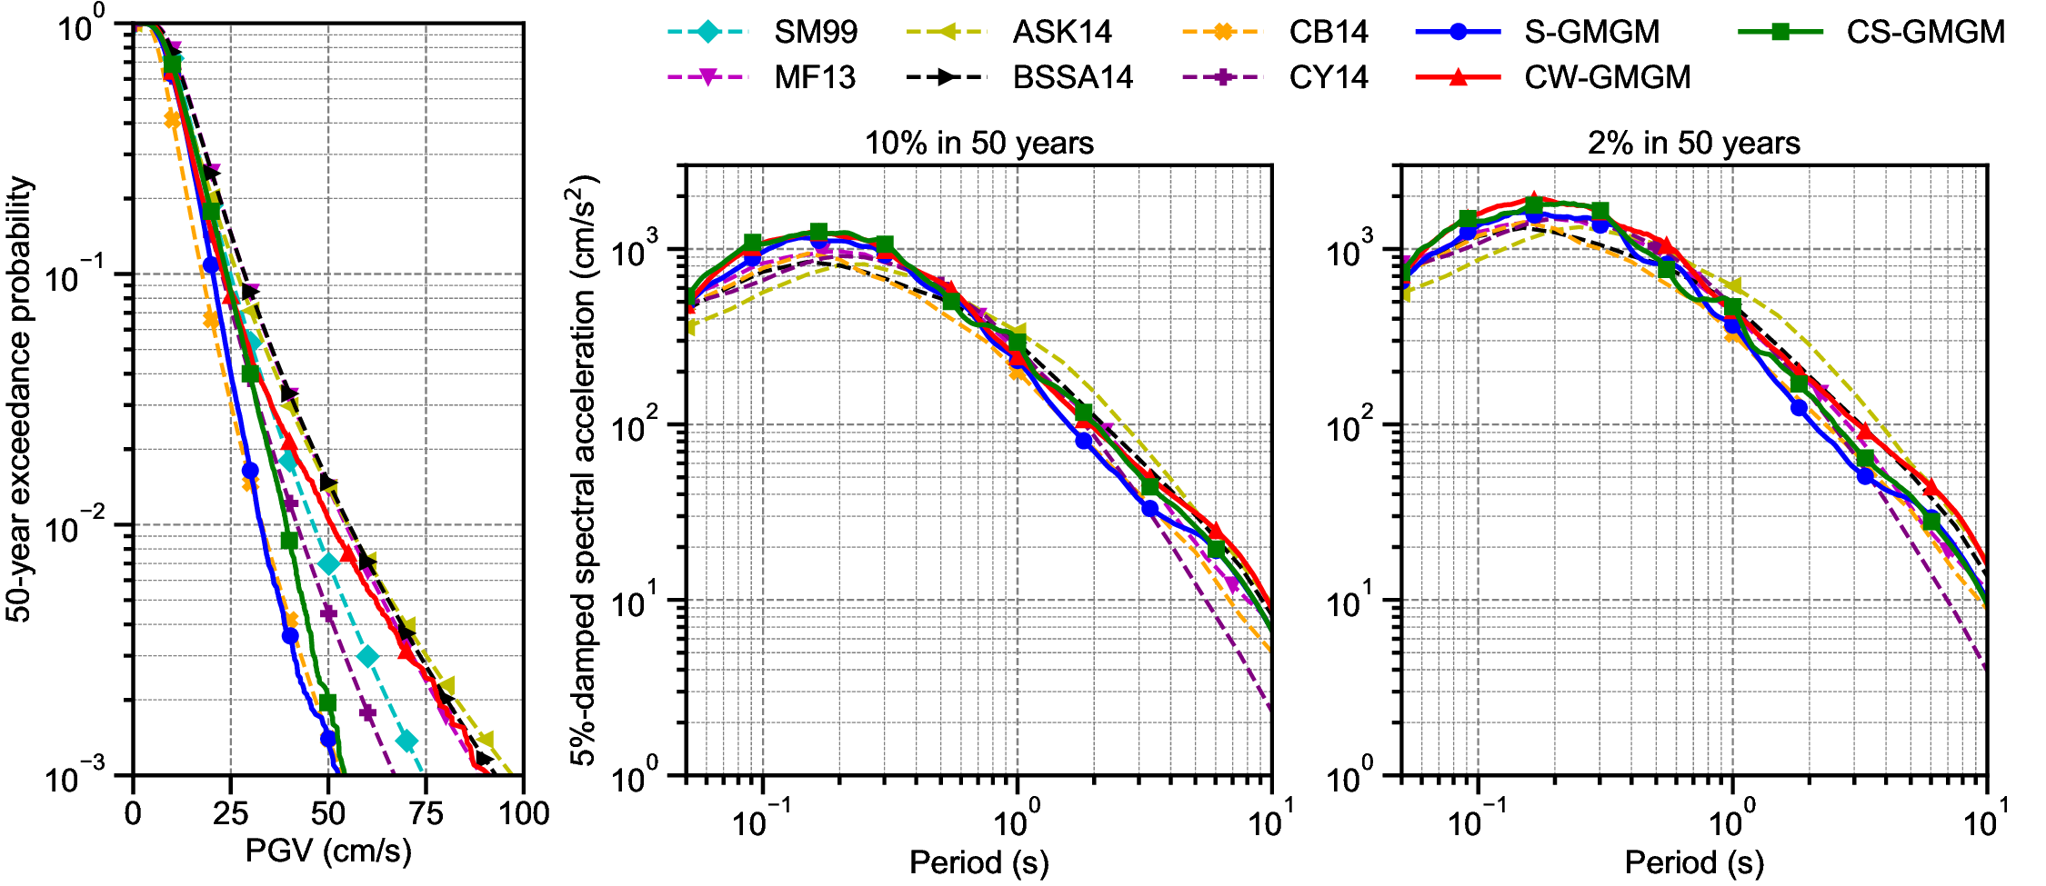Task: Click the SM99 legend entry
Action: click(x=815, y=32)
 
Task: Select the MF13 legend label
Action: click(x=815, y=77)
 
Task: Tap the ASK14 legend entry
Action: click(x=1061, y=32)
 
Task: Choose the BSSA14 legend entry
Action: click(x=1072, y=77)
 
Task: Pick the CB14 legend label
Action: click(x=1328, y=32)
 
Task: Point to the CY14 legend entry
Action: click(x=1328, y=77)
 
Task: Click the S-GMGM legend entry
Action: click(x=1591, y=32)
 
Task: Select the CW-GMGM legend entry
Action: click(x=1607, y=77)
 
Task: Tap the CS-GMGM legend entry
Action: click(x=1925, y=32)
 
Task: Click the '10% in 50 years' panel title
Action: click(x=978, y=144)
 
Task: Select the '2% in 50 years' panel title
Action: click(x=1693, y=144)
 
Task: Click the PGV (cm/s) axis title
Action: click(x=328, y=851)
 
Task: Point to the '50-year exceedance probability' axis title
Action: click(x=20, y=400)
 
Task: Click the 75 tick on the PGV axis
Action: click(x=426, y=813)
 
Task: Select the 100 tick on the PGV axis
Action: click(x=524, y=813)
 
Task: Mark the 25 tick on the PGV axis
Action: click(x=230, y=813)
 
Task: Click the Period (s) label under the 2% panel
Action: click(x=1693, y=861)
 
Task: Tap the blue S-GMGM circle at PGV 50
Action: click(x=328, y=739)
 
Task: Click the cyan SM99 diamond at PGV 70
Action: click(x=406, y=742)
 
